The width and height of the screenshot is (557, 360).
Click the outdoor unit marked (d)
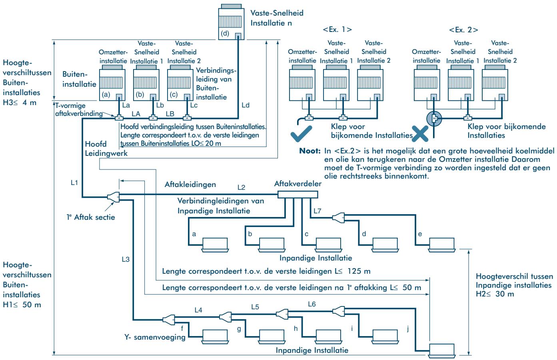pos(231,22)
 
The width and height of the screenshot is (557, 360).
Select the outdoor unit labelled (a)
pos(112,83)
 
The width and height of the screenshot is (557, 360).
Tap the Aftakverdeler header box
pos(297,195)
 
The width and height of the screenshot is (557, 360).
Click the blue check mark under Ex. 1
pos(301,133)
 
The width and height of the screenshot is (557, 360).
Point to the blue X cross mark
pos(420,134)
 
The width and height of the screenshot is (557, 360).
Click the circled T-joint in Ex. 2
pos(434,119)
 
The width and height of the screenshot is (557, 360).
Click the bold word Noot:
pos(310,151)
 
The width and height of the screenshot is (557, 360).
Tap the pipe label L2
pos(241,187)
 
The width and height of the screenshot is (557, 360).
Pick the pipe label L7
pos(317,211)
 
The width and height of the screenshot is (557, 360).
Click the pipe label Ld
pos(246,105)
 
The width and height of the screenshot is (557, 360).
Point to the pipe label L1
pos(74,183)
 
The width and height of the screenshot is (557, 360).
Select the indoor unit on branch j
pos(441,350)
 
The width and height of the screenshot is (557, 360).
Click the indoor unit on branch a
pos(215,245)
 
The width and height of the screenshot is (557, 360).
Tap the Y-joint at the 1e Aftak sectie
pos(114,197)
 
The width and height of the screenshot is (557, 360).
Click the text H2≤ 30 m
pos(495,294)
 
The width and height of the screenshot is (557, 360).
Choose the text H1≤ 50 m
pos(22,305)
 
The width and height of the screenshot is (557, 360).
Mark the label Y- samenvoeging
pos(155,337)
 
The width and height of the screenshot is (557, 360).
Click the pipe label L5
pos(255,307)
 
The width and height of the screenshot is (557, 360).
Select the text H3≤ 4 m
pos(20,103)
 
